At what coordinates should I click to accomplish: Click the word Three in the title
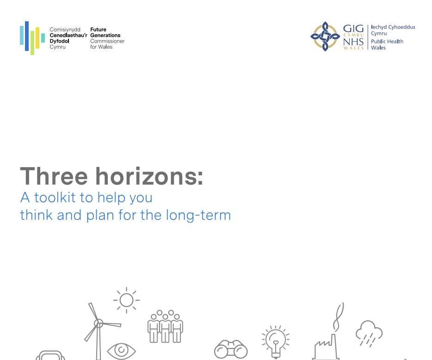pos(54,176)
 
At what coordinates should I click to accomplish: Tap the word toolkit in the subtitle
pos(55,198)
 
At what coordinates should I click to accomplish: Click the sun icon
pos(126,300)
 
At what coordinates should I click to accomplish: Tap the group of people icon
pos(165,326)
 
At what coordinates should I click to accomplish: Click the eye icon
pos(121,351)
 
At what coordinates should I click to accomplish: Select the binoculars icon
pos(231,349)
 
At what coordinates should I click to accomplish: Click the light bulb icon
pos(276,342)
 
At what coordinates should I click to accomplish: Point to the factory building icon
pos(326,348)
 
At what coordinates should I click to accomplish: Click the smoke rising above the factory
pos(339,317)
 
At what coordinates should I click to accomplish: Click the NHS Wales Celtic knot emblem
pos(325,37)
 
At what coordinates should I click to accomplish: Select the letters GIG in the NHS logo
pos(353,29)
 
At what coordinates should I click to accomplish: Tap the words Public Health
pos(387,41)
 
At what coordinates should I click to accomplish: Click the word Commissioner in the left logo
pos(107,41)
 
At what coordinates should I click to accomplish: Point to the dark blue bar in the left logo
pos(27,36)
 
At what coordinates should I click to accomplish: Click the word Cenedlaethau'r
pos(68,35)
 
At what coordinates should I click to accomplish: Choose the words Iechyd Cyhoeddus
pos(393,27)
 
